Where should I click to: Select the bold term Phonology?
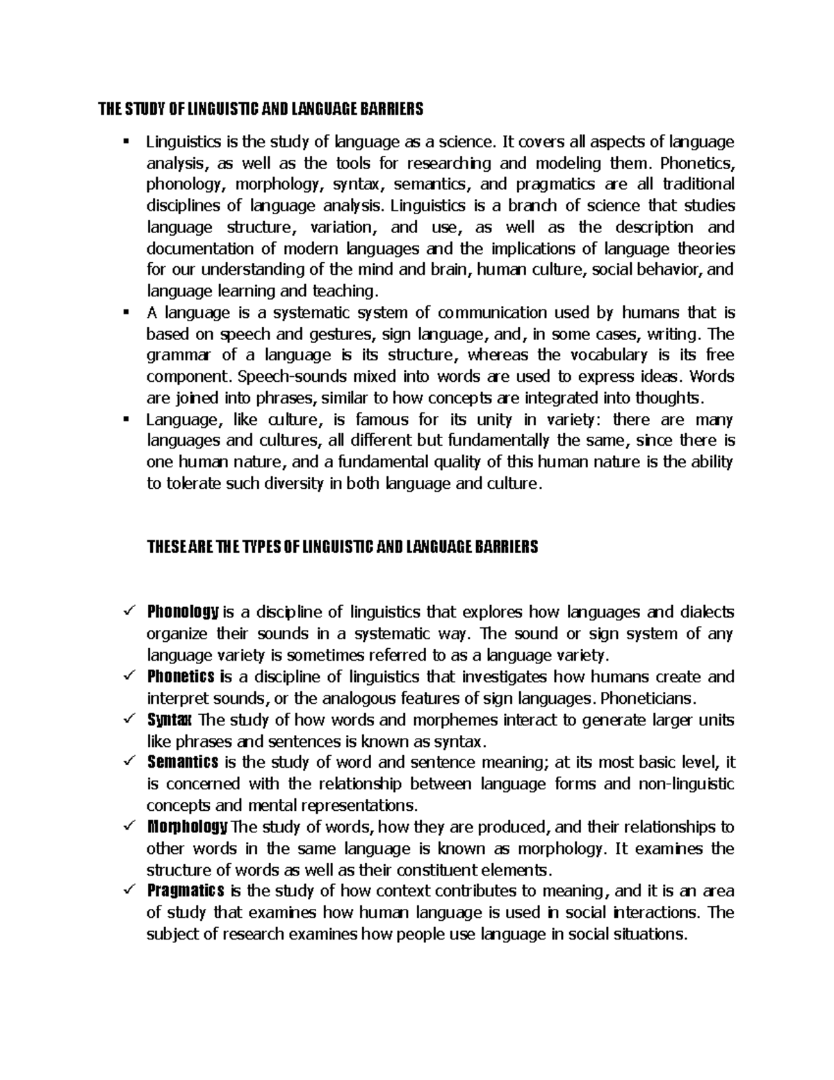coord(183,612)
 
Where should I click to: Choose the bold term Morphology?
coord(188,827)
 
